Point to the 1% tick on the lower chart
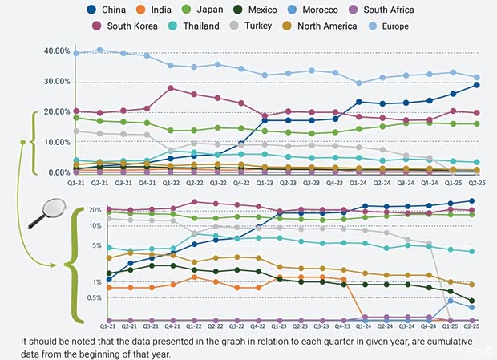tap(96, 282)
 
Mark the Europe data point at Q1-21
tap(76, 53)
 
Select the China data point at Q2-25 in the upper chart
tap(477, 84)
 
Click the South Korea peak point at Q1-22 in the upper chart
tap(171, 88)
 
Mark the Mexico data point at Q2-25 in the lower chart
tap(471, 301)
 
